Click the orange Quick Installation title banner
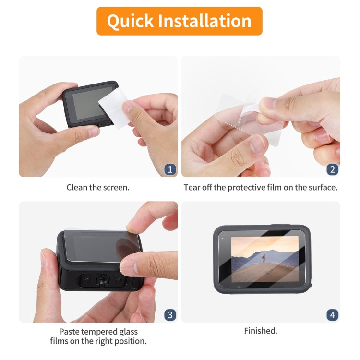click(179, 21)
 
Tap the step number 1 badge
click(170, 169)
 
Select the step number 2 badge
click(332, 169)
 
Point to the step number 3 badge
click(170, 315)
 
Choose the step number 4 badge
click(332, 315)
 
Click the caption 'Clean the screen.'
click(98, 187)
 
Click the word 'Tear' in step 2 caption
click(192, 187)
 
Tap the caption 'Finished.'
click(260, 331)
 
